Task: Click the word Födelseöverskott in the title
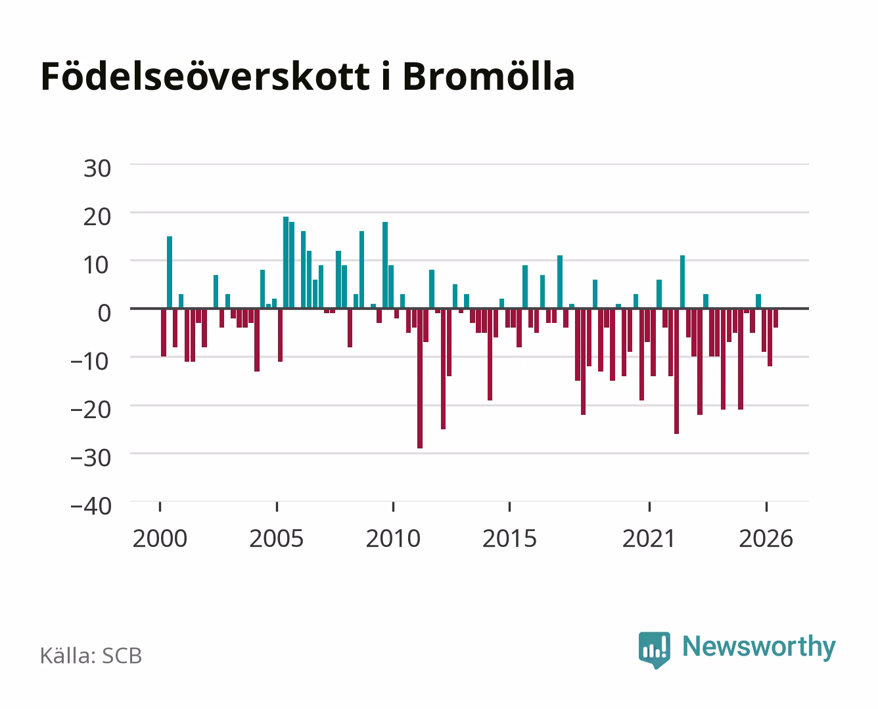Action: [x=206, y=76]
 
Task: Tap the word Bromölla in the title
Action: [x=488, y=76]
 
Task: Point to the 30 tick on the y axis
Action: [x=97, y=169]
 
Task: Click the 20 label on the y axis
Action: [x=97, y=217]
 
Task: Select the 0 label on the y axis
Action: [x=104, y=313]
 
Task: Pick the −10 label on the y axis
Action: [x=90, y=362]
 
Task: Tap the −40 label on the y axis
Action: [x=91, y=506]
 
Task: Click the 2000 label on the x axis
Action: [x=160, y=538]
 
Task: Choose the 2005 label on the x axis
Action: [x=277, y=538]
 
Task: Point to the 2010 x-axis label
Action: [x=393, y=538]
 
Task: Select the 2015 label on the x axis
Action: [x=510, y=538]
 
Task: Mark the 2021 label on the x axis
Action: [x=649, y=538]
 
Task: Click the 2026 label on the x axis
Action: [x=766, y=538]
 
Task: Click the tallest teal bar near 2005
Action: [x=286, y=263]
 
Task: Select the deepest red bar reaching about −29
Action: [x=420, y=378]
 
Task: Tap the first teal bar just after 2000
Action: [x=170, y=272]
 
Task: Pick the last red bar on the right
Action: [x=775, y=318]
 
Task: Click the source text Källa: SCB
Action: [x=91, y=656]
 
